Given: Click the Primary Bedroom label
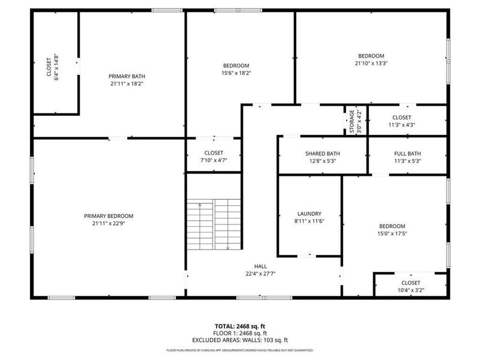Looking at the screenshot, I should click(109, 216).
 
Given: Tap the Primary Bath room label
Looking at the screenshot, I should click(127, 76).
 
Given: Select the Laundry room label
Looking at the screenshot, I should click(310, 214).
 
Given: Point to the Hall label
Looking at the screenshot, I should click(260, 266).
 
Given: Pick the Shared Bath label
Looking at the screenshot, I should click(322, 154).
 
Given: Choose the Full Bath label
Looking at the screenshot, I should click(407, 154).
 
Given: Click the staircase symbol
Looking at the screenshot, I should click(214, 226).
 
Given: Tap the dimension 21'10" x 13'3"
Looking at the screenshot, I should click(371, 63).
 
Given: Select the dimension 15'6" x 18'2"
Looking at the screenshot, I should click(236, 73).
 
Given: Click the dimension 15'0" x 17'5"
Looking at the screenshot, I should click(392, 233).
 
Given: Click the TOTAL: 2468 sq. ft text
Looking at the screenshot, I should click(240, 326).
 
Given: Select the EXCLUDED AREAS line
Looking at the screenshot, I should click(240, 340).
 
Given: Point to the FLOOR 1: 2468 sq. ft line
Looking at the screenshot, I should click(240, 333).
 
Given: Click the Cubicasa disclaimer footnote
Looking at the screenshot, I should click(240, 350).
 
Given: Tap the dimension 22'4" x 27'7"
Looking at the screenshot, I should click(260, 274).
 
